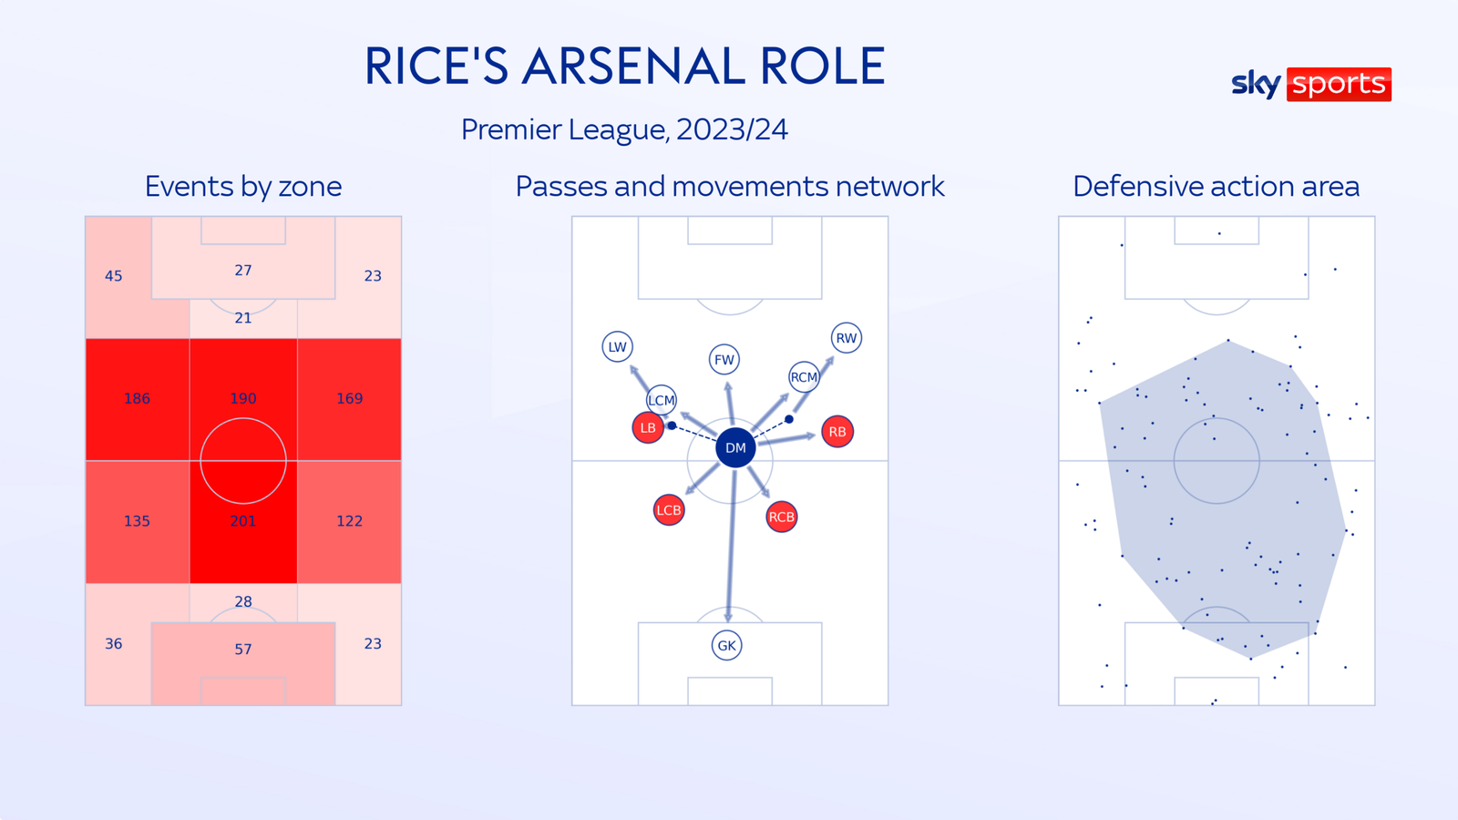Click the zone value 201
(x=243, y=521)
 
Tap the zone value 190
(x=243, y=398)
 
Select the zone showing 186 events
(x=137, y=398)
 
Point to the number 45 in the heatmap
(x=114, y=276)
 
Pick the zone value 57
(x=243, y=650)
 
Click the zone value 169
(x=349, y=398)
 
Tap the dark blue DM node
(x=735, y=447)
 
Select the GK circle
(x=726, y=645)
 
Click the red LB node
(x=648, y=427)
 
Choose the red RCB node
(x=781, y=517)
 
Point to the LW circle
(x=617, y=346)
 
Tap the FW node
(x=724, y=359)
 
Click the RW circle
(x=847, y=338)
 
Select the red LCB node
(x=669, y=510)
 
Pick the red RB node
(x=837, y=432)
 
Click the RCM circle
(x=804, y=376)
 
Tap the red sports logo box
(x=1339, y=84)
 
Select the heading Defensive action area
(x=1216, y=186)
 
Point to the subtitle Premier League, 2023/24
(x=624, y=129)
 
